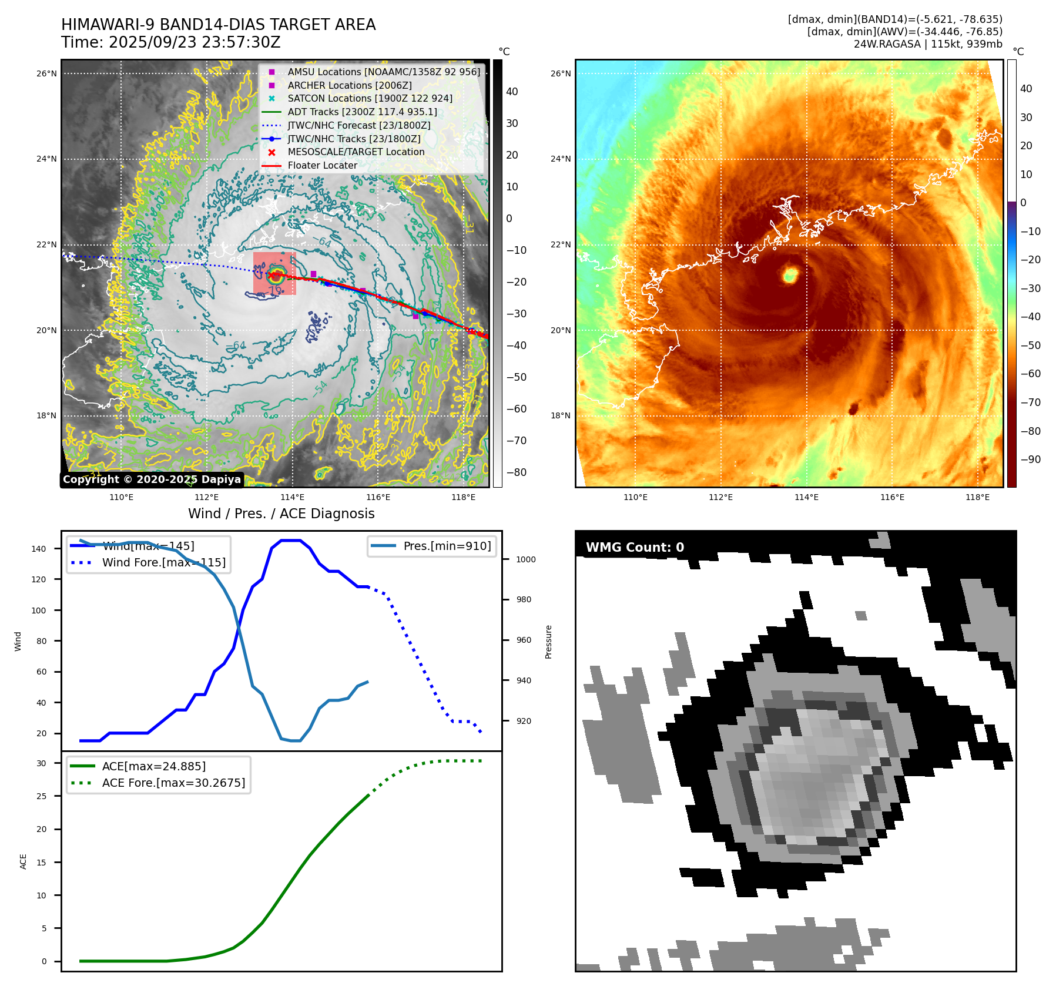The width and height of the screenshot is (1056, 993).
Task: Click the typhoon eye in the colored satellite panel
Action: (x=790, y=274)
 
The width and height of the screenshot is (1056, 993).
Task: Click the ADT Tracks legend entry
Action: (x=362, y=112)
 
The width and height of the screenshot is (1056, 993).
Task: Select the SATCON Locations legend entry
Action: (x=370, y=98)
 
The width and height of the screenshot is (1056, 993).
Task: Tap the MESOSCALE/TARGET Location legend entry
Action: (x=356, y=152)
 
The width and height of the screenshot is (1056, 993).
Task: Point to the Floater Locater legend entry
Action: (x=322, y=165)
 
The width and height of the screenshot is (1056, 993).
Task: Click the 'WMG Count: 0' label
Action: (x=635, y=547)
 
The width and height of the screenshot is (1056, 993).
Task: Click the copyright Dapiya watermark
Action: (x=152, y=479)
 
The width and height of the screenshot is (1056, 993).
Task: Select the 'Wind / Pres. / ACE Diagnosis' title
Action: (x=281, y=514)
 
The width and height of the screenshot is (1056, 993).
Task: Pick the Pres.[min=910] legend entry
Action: (x=447, y=546)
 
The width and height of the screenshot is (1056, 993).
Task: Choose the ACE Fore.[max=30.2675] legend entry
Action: (x=173, y=783)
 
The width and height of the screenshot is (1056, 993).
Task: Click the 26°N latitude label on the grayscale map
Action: (x=46, y=73)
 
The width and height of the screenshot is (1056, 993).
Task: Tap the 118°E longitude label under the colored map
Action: (x=977, y=497)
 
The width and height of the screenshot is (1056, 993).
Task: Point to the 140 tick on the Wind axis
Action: (x=39, y=549)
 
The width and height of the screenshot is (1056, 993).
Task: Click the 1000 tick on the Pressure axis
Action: (x=525, y=559)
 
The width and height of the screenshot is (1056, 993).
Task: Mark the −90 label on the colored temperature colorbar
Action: (x=1030, y=459)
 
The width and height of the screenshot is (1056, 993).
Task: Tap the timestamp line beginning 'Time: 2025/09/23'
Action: (x=170, y=42)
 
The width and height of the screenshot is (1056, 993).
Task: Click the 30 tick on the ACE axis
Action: (x=41, y=763)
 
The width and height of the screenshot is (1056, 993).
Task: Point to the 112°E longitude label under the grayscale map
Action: (x=206, y=497)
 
